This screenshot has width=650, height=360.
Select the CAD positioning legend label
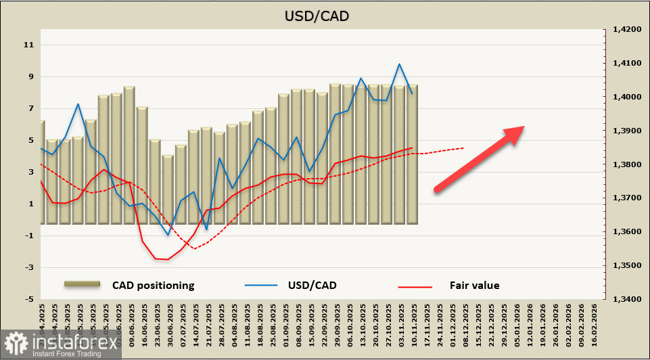pos(153,286)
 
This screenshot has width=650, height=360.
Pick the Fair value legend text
pos(474,286)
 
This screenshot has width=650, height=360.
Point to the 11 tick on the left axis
pos(28,45)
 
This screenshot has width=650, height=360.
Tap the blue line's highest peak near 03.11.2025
pos(399,64)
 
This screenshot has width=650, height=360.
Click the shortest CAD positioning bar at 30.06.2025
pos(168,189)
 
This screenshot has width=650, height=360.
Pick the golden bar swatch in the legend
pos(82,285)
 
